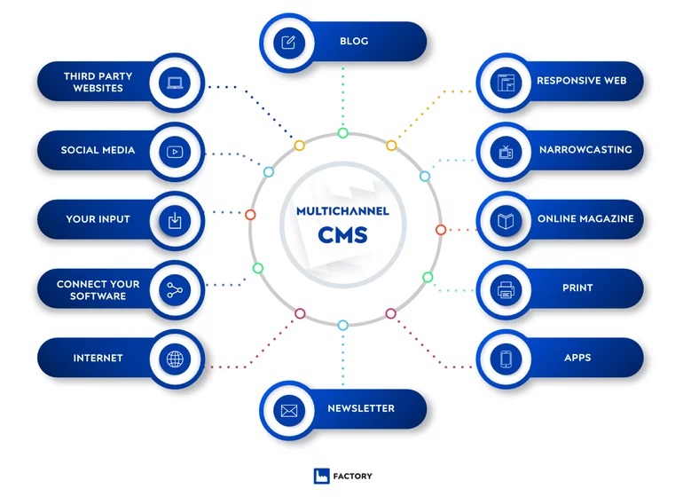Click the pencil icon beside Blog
[x=288, y=42]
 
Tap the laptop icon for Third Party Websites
[x=174, y=83]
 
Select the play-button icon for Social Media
[x=174, y=151]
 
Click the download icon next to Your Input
[x=174, y=219]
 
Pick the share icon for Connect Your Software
[x=174, y=288]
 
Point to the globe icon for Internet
[x=174, y=359]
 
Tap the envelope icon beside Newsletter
[x=288, y=410]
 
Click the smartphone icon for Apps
[x=506, y=359]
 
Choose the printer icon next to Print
[x=506, y=289]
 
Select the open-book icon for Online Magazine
[x=506, y=220]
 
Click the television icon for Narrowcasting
[x=506, y=151]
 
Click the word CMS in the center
[x=342, y=235]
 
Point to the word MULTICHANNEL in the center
[x=342, y=211]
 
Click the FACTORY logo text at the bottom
[x=355, y=477]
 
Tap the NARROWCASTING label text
[x=585, y=150]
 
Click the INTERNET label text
[x=98, y=359]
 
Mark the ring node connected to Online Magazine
[x=441, y=230]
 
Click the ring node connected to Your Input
[x=250, y=215]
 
